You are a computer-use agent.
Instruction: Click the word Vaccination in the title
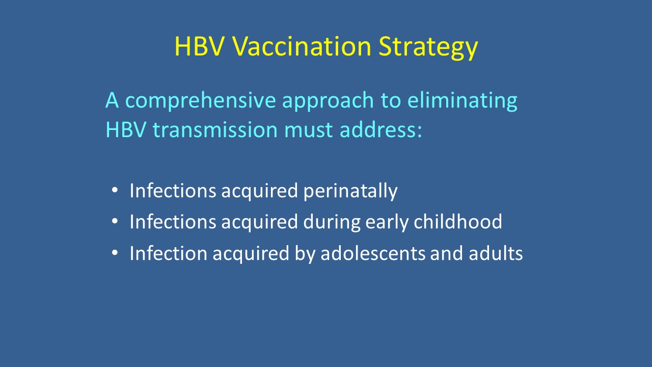pyautogui.click(x=302, y=46)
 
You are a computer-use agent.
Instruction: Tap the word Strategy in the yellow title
pyautogui.click(x=428, y=48)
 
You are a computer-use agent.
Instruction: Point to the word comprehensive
pyautogui.click(x=200, y=101)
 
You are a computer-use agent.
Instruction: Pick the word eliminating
pyautogui.click(x=462, y=101)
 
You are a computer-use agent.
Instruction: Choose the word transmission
pyautogui.click(x=215, y=129)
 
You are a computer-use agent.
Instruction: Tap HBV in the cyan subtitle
pyautogui.click(x=126, y=129)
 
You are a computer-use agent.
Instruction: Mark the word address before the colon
pyautogui.click(x=378, y=129)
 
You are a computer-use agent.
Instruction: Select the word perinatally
pyautogui.click(x=350, y=192)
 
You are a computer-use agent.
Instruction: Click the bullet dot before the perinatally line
pyautogui.click(x=115, y=190)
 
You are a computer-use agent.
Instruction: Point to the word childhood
pyautogui.click(x=458, y=221)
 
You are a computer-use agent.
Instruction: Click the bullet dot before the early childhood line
pyautogui.click(x=115, y=221)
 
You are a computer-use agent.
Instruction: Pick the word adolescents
pyautogui.click(x=373, y=253)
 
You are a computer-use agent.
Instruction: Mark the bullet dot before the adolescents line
pyautogui.click(x=115, y=252)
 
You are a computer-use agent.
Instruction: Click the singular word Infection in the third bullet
pyautogui.click(x=168, y=253)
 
